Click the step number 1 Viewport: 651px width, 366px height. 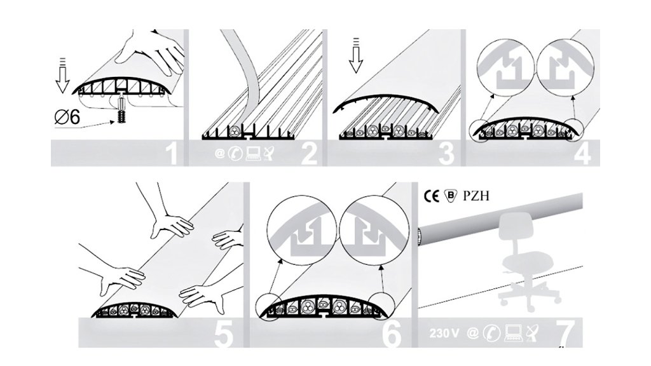coord(172,154)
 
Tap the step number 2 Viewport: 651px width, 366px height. coord(309,154)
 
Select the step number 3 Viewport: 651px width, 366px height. coord(447,154)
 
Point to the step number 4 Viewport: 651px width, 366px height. coord(582,154)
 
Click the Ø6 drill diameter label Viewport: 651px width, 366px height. coord(67,118)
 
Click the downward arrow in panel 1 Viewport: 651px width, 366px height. coord(62,75)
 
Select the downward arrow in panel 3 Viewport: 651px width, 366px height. coord(356,55)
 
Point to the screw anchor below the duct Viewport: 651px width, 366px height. coord(121,109)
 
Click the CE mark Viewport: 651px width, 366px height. coord(431,196)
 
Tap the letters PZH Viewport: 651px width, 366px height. coord(476,196)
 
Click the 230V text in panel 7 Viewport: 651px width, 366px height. coord(444,333)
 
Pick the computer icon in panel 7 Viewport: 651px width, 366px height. coord(513,333)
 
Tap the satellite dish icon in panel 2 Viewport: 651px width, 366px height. coord(269,154)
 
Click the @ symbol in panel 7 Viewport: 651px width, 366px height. coord(472,333)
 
